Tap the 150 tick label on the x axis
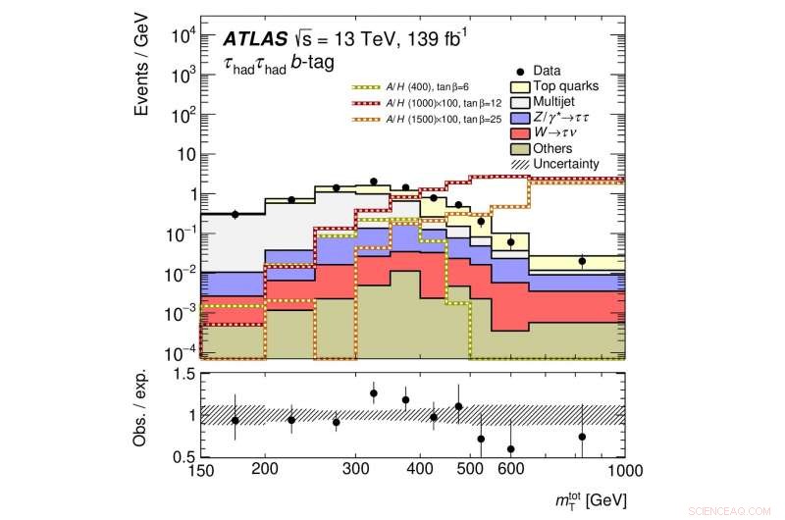tap(200, 470)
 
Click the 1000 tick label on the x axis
tap(623, 470)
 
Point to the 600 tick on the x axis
tap(510, 470)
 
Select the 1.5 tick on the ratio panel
tap(183, 374)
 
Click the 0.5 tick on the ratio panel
tap(183, 456)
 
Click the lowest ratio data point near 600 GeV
tap(510, 449)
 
